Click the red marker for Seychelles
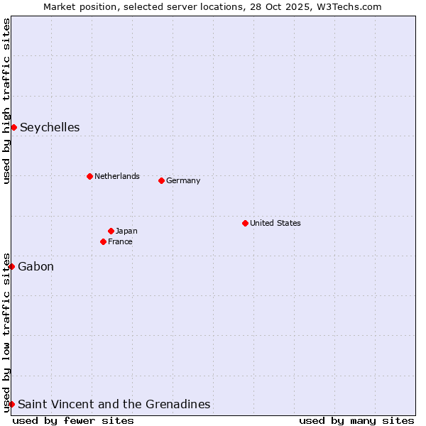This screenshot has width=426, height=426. pyautogui.click(x=13, y=127)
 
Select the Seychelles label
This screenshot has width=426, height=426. pyautogui.click(x=50, y=128)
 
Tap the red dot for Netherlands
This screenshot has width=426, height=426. pyautogui.click(x=89, y=176)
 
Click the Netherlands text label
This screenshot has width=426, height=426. pyautogui.click(x=116, y=176)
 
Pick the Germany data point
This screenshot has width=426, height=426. pyautogui.click(x=161, y=180)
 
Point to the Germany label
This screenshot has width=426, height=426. pyautogui.click(x=183, y=180)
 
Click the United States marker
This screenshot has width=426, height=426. pyautogui.click(x=245, y=223)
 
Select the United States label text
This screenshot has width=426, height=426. pyautogui.click(x=275, y=223)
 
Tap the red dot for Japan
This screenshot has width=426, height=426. pyautogui.click(x=111, y=231)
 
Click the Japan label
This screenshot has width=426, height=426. pyautogui.click(x=126, y=231)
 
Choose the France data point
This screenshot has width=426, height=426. pyautogui.click(x=103, y=241)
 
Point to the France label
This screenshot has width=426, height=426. pyautogui.click(x=120, y=241)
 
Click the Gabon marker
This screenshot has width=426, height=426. pyautogui.click(x=11, y=266)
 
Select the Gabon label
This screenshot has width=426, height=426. pyautogui.click(x=35, y=267)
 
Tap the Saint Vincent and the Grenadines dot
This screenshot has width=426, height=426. pyautogui.click(x=11, y=404)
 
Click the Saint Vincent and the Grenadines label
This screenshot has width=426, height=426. pyautogui.click(x=114, y=405)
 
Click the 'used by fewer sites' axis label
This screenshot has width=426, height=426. pyautogui.click(x=73, y=420)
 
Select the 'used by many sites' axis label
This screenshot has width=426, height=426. pyautogui.click(x=356, y=420)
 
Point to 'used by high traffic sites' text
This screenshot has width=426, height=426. pyautogui.click(x=6, y=102)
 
